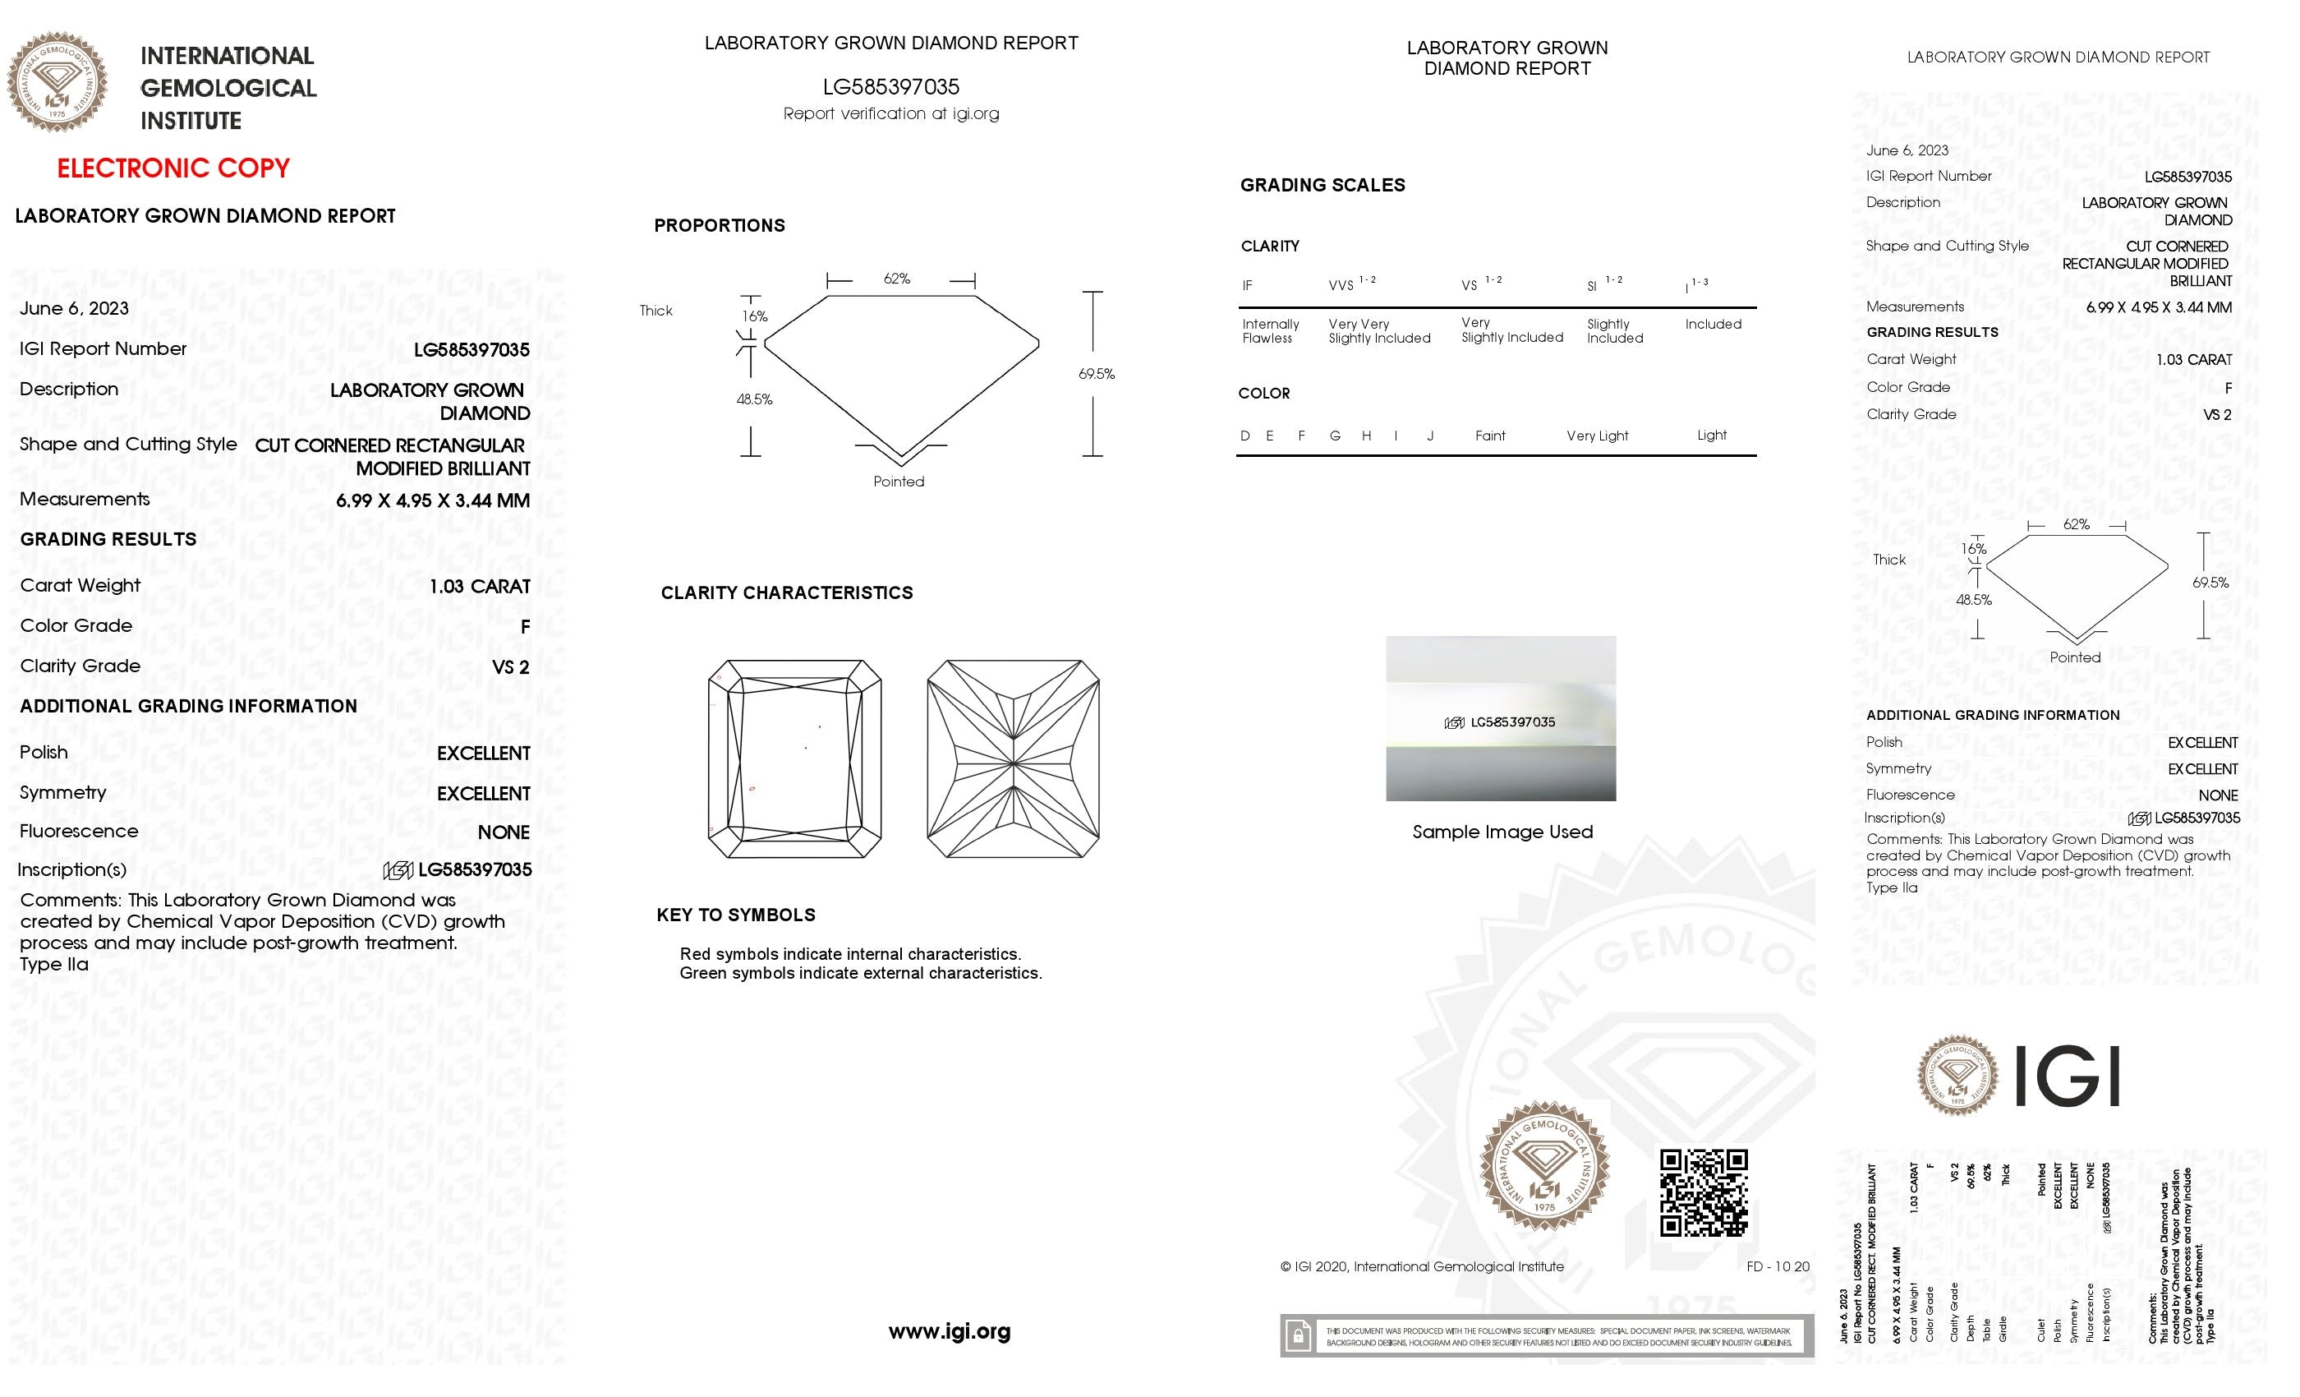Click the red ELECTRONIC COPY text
coord(173,168)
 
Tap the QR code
coord(1704,1192)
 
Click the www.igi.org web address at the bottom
coord(950,1330)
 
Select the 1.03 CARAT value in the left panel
coord(480,587)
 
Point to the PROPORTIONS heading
coord(719,225)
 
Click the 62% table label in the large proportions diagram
coord(896,279)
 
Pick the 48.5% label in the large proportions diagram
coord(754,399)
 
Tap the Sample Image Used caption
coord(1502,831)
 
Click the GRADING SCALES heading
coord(1322,185)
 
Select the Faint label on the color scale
coord(1490,436)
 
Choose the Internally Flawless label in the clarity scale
coord(1269,330)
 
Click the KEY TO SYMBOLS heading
coord(735,915)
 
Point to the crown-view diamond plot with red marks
coord(794,758)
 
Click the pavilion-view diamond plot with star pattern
coord(1013,758)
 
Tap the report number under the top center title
coord(890,87)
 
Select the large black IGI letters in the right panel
coord(2067,1076)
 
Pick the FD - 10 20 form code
coord(1778,1266)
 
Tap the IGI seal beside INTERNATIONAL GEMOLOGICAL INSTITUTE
coord(57,82)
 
